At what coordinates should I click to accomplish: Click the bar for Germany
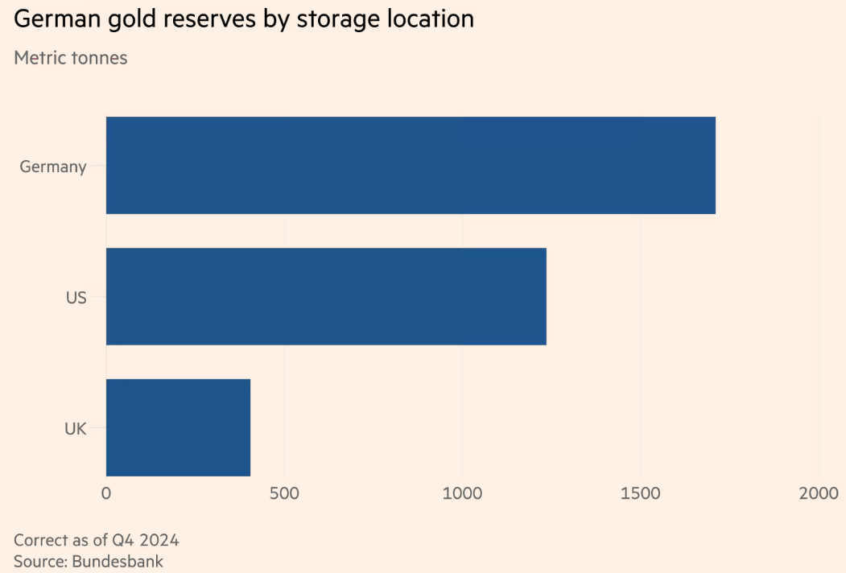click(x=411, y=165)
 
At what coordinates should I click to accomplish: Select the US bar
click(x=326, y=296)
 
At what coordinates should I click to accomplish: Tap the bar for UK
click(x=178, y=427)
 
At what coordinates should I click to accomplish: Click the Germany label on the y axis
click(x=53, y=167)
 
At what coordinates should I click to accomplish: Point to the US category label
click(x=76, y=298)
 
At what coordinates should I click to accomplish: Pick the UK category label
click(x=75, y=429)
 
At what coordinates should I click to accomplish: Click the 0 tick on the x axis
click(x=106, y=493)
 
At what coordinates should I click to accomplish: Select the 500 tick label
click(x=284, y=493)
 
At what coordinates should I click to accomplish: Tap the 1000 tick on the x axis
click(x=462, y=493)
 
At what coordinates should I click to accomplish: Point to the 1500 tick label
click(x=640, y=493)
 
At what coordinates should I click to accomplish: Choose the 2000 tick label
click(x=818, y=493)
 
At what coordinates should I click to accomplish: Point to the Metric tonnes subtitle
click(x=71, y=58)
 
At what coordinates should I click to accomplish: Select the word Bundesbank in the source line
click(x=118, y=561)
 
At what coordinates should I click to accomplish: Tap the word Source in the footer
click(x=39, y=561)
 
